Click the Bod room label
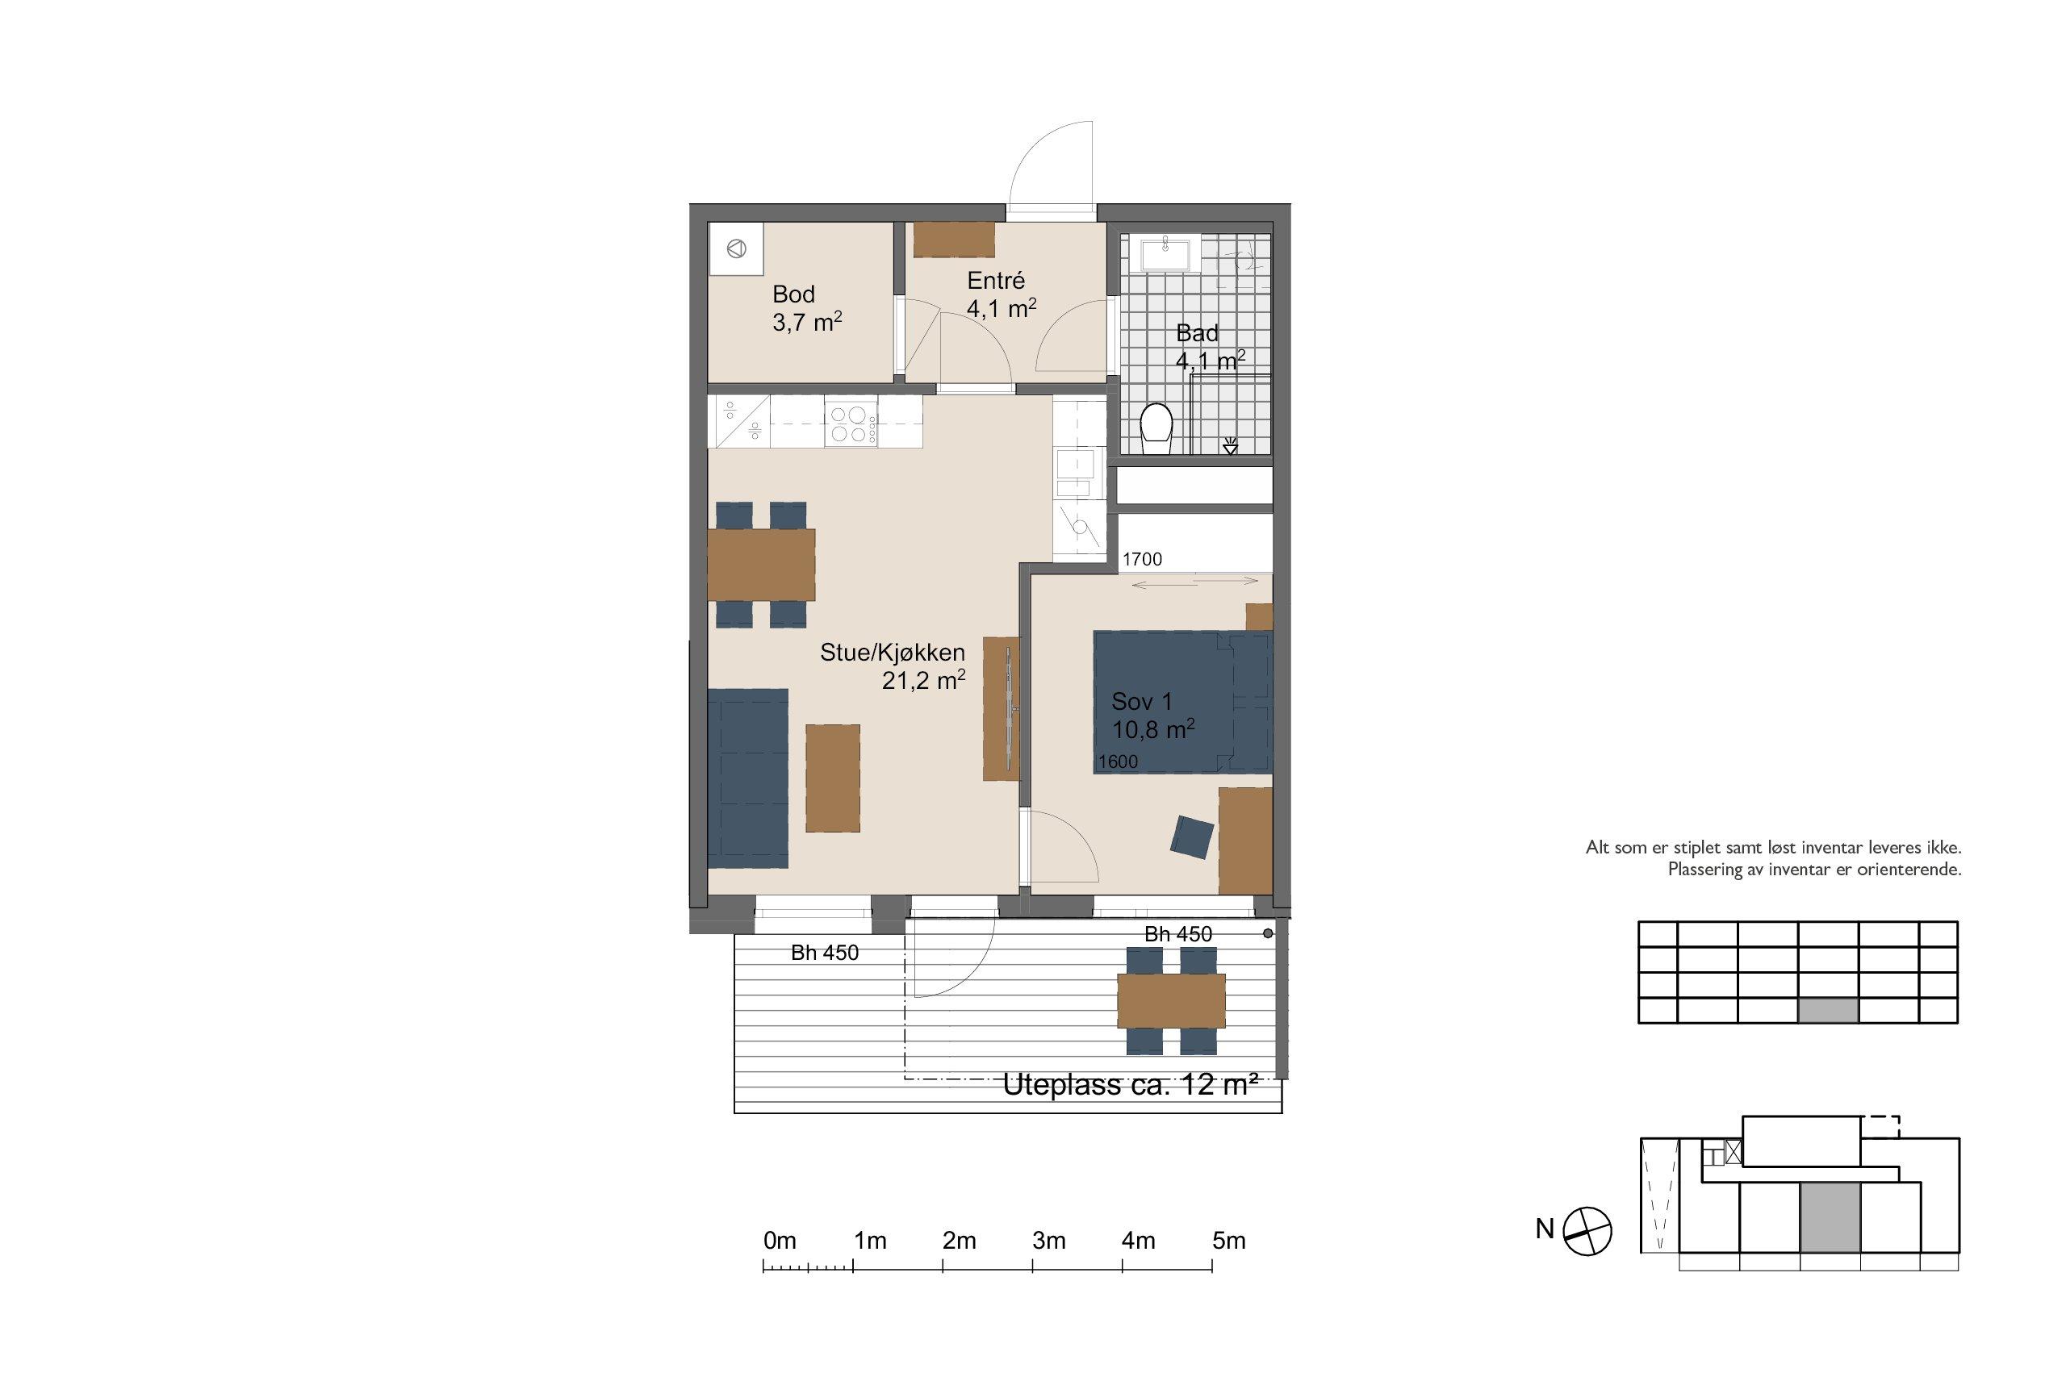(x=793, y=294)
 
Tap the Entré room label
(x=996, y=280)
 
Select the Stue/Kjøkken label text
(x=893, y=653)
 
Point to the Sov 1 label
(x=1141, y=701)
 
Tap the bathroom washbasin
(x=1165, y=254)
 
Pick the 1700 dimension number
(x=1142, y=559)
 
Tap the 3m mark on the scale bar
(x=1049, y=1241)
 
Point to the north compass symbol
(x=1587, y=1230)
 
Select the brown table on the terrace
(x=1171, y=1000)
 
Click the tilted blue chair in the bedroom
(x=1193, y=836)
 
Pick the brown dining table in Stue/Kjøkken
(x=761, y=564)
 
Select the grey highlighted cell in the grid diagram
(x=1828, y=1011)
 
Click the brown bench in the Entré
(x=954, y=240)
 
